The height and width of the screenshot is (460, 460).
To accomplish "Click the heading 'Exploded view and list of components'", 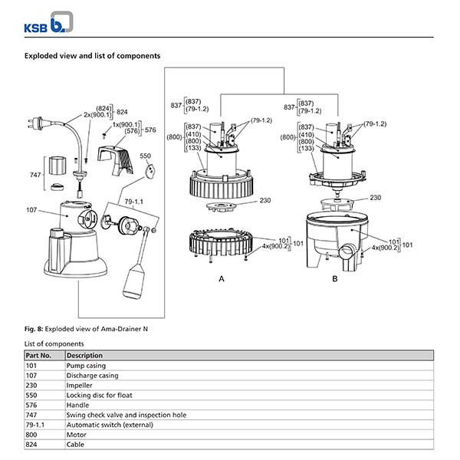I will [92, 56].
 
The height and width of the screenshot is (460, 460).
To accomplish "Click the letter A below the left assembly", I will [222, 281].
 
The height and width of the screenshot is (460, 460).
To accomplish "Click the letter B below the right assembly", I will [334, 281].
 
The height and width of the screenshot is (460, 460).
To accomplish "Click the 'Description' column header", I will [84, 356].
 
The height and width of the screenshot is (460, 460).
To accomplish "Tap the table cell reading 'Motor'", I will [76, 435].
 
